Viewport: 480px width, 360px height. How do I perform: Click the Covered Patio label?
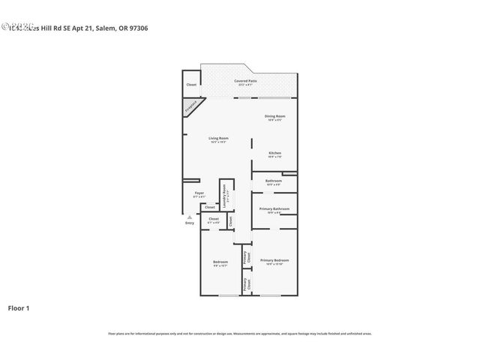click(x=246, y=80)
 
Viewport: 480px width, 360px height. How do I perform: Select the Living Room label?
click(x=218, y=138)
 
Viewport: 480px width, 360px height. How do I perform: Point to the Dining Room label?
click(x=274, y=115)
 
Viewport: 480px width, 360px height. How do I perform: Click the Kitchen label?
click(x=275, y=153)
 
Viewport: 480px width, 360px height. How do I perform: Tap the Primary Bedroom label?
click(x=274, y=260)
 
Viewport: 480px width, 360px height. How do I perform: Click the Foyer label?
click(x=199, y=193)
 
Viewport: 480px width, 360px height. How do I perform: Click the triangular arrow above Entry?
click(x=190, y=217)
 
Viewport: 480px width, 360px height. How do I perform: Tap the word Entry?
click(x=190, y=223)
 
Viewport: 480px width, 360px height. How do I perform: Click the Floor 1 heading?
click(x=18, y=307)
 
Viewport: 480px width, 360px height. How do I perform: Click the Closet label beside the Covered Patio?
click(x=191, y=85)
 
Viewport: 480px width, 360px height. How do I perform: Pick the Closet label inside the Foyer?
click(x=199, y=207)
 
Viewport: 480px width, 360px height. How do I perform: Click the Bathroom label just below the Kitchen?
click(x=274, y=181)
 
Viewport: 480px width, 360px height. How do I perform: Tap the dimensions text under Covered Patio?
click(x=246, y=85)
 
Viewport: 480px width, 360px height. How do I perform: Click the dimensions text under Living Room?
click(x=218, y=142)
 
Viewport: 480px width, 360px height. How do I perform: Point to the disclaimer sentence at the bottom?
click(x=240, y=333)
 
